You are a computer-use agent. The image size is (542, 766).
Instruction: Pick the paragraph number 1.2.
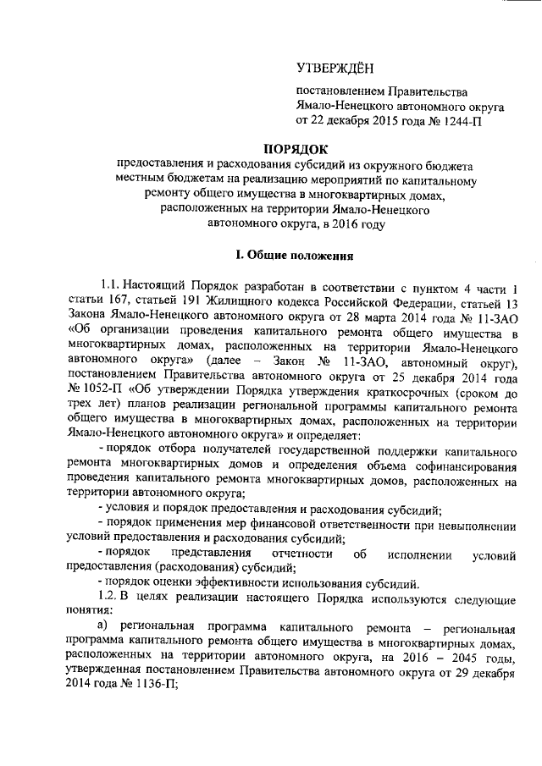point(113,598)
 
